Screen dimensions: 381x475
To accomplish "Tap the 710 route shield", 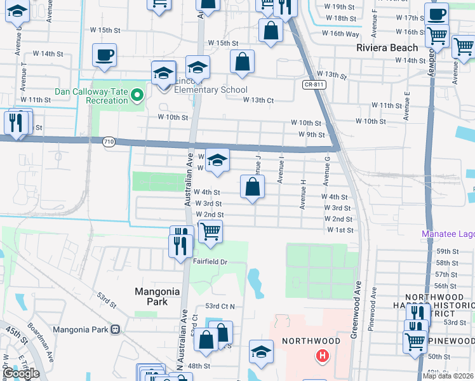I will tap(108, 142).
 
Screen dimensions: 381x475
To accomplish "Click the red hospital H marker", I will tap(323, 356).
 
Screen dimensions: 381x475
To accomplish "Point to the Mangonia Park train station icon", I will tap(116, 330).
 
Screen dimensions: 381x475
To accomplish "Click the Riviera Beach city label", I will tap(387, 48).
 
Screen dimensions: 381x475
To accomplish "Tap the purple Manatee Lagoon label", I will tap(448, 234).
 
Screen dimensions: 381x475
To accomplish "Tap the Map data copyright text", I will tap(448, 376).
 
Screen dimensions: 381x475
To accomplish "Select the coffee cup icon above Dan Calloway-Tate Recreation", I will tap(104, 55).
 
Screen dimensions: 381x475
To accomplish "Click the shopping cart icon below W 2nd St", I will tap(210, 231).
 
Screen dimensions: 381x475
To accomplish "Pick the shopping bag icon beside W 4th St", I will tap(252, 187).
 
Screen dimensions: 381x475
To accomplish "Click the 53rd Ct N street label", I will tap(220, 306).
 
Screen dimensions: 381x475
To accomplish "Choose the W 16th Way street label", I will tap(340, 33).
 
